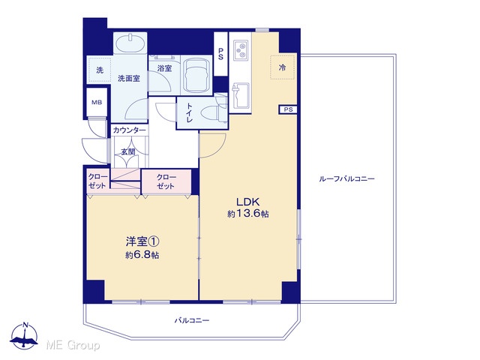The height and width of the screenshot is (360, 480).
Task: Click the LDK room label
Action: (247, 202)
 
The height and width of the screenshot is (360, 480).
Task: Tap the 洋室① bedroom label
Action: (142, 241)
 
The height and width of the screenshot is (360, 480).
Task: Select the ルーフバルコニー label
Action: (346, 178)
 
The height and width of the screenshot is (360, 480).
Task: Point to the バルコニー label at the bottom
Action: (192, 320)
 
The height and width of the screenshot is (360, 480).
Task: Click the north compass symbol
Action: (24, 335)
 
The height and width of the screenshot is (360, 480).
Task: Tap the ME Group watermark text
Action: (73, 346)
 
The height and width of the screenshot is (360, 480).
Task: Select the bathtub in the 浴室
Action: (196, 75)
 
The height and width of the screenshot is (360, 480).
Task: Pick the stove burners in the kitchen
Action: (241, 50)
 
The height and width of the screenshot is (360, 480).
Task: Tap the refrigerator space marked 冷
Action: (283, 67)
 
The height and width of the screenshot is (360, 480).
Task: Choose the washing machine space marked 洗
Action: (100, 70)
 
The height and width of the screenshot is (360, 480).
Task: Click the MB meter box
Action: (97, 103)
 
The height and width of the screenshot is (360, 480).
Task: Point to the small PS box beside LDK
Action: (288, 109)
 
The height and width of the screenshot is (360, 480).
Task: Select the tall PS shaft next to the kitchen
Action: (220, 54)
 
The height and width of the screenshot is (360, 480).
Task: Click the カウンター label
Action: (130, 130)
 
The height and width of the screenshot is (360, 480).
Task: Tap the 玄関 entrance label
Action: (128, 151)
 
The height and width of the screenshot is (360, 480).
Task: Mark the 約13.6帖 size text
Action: (248, 213)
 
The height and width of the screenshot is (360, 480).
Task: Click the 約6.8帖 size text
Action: (142, 255)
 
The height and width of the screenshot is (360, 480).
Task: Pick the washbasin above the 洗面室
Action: (130, 43)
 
